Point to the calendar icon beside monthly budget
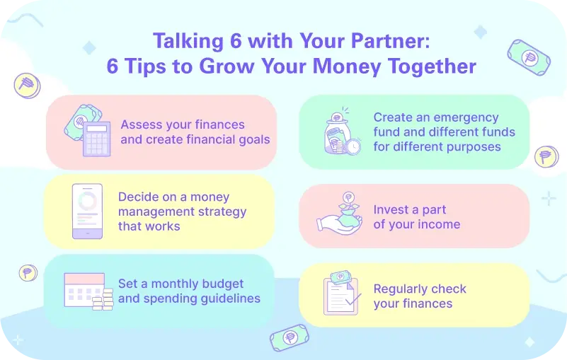coord(84,289)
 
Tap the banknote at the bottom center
coord(290,338)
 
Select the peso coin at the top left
coord(27,86)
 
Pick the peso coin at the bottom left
coord(28,272)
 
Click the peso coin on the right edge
coord(545,156)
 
